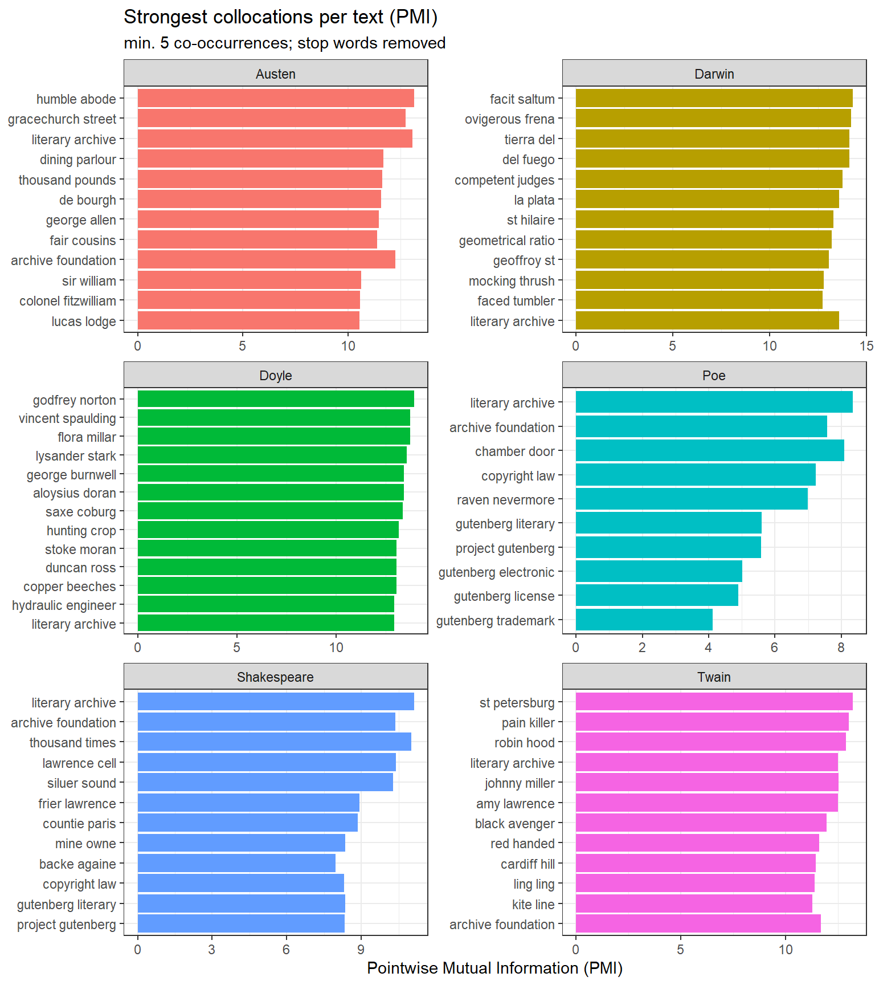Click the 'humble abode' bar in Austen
tap(276, 98)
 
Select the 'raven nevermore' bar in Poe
tap(692, 499)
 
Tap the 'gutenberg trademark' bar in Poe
tap(644, 620)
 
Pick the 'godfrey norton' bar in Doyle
tap(276, 399)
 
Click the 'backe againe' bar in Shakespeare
tap(236, 863)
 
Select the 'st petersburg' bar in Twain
tap(714, 702)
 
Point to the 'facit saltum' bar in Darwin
tap(714, 98)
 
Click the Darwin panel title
tap(714, 74)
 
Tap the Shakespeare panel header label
tap(275, 677)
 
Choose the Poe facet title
tap(714, 376)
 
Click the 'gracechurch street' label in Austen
tap(62, 119)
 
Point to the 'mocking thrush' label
tap(511, 281)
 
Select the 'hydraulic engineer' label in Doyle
tap(64, 605)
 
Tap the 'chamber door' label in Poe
tap(514, 451)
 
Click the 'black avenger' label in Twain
tap(514, 824)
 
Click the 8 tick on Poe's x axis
tap(841, 648)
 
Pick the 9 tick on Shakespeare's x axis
tap(361, 949)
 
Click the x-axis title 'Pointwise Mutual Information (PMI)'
tap(494, 968)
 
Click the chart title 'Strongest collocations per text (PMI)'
tap(280, 17)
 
